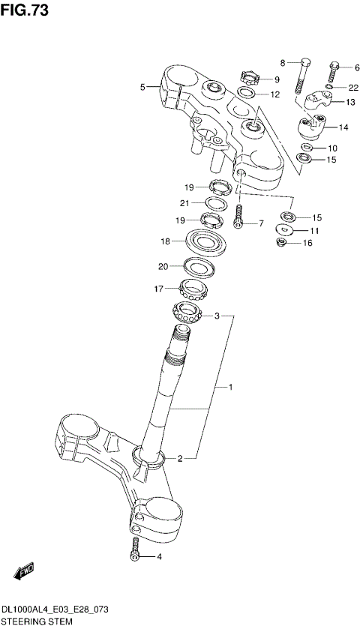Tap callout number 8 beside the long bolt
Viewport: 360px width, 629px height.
click(x=283, y=62)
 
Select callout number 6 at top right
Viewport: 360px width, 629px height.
click(x=346, y=67)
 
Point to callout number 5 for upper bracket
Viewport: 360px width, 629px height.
click(x=142, y=88)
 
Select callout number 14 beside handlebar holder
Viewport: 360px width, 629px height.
click(x=344, y=127)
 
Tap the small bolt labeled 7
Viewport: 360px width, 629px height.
click(x=239, y=217)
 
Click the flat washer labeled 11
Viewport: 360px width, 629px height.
click(x=285, y=230)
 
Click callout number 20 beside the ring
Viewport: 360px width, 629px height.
click(x=163, y=266)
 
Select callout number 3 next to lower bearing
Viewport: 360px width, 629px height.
click(x=217, y=316)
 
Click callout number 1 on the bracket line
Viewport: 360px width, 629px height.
click(x=231, y=388)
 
